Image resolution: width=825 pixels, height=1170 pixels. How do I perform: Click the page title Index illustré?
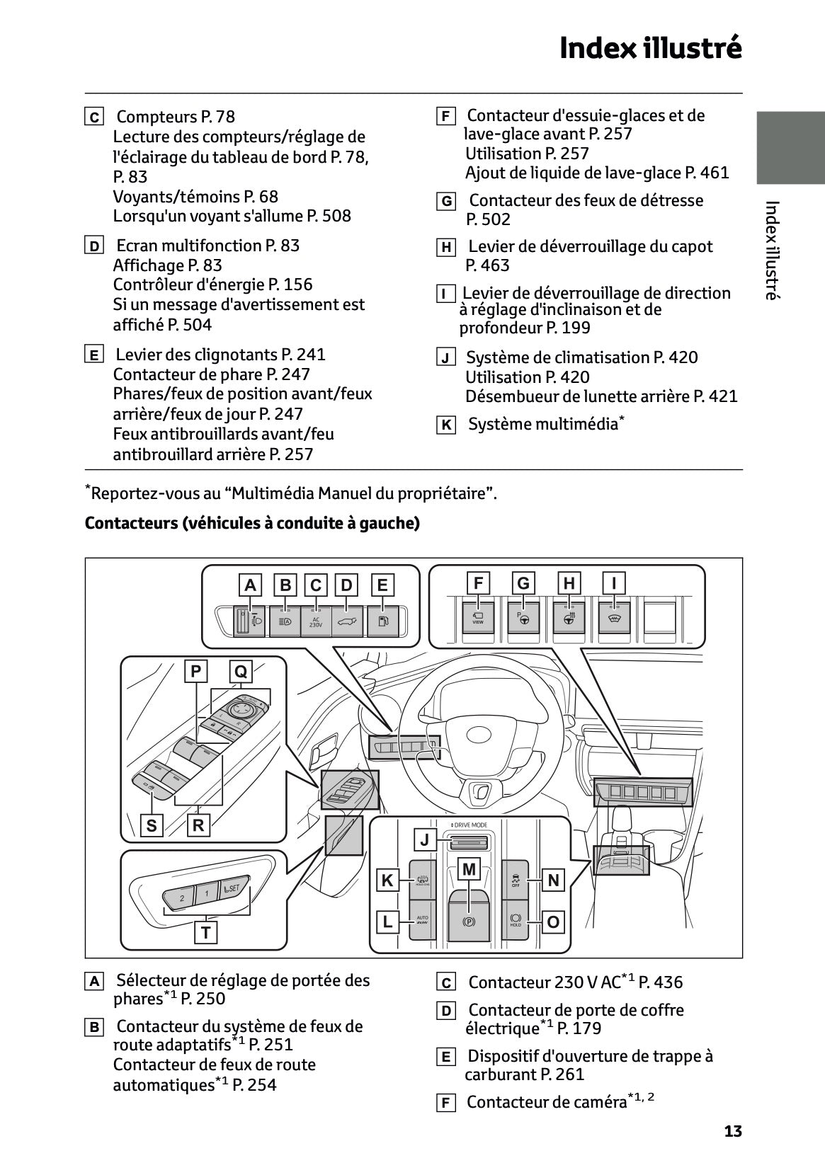tap(650, 48)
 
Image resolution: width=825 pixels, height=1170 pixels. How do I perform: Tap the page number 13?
tap(733, 1131)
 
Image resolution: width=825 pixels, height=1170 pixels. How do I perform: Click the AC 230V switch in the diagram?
tap(316, 621)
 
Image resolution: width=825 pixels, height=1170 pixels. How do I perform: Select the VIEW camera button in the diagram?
tap(478, 617)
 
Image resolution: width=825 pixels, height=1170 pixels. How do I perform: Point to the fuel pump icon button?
tap(382, 621)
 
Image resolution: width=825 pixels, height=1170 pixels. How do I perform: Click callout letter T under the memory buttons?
tap(205, 932)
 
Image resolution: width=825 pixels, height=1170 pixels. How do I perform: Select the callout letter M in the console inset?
tap(469, 868)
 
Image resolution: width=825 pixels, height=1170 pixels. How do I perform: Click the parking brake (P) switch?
tap(468, 922)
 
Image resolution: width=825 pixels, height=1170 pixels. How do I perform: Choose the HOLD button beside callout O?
tap(516, 919)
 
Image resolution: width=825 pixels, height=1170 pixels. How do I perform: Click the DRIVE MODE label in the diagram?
tap(469, 825)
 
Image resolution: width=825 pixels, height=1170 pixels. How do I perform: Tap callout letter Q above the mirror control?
tap(241, 671)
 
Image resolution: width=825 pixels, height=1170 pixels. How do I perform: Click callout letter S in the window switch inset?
tap(152, 825)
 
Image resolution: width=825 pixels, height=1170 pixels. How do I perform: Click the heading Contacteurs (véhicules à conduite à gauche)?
tap(252, 523)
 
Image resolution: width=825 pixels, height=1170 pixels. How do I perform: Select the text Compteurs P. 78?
tap(175, 117)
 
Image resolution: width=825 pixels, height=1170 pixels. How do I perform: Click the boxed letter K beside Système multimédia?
tap(445, 425)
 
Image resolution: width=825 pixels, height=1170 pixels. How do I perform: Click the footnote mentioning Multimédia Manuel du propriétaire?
tap(292, 493)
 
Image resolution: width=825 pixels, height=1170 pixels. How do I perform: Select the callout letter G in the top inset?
tap(523, 583)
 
